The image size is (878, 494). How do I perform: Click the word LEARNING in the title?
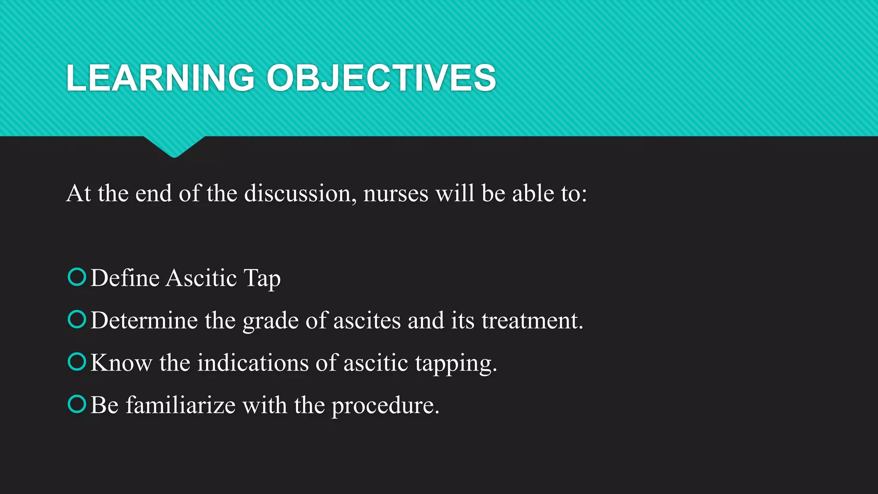point(160,78)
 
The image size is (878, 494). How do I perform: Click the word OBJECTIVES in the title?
point(381,78)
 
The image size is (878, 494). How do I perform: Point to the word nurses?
point(395,193)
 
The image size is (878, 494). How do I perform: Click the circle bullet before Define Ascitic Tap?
point(77,277)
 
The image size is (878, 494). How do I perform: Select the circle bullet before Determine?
point(77,319)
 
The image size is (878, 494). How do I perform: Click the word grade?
point(270,321)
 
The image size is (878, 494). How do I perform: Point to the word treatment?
point(532,320)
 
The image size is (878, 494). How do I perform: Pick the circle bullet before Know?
point(77,361)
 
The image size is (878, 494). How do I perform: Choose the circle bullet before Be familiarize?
point(77,404)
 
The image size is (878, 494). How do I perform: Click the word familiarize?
point(180,405)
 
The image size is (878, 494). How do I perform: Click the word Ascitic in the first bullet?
point(201,278)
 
